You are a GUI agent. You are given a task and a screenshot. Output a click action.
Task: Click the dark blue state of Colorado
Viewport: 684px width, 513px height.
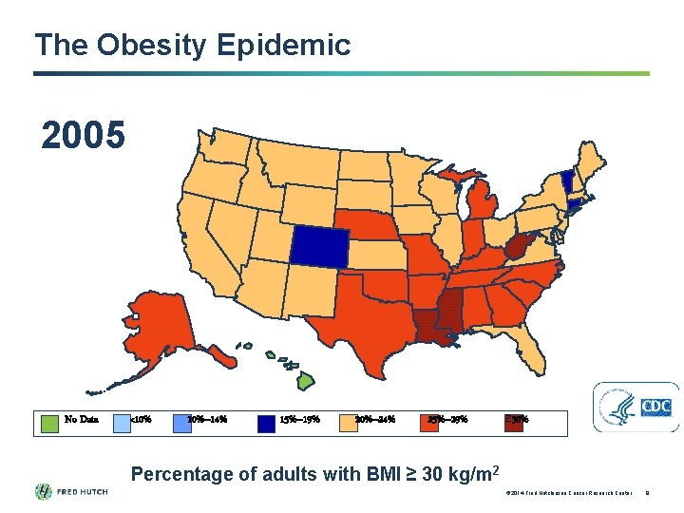coord(319,246)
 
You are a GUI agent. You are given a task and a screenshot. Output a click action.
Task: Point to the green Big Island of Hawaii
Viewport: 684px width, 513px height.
coord(304,381)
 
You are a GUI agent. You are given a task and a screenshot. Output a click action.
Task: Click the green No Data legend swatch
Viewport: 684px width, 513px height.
coord(50,420)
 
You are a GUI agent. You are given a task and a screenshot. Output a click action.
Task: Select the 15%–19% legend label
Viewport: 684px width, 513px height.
coord(299,420)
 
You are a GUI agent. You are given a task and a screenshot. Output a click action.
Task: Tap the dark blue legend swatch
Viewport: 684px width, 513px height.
coord(266,420)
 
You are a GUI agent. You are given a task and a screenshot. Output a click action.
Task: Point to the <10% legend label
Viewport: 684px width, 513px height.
coord(140,420)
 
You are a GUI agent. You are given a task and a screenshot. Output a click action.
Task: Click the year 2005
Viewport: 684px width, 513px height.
coord(83,136)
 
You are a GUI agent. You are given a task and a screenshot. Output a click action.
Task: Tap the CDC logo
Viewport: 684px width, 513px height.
coord(636,407)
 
